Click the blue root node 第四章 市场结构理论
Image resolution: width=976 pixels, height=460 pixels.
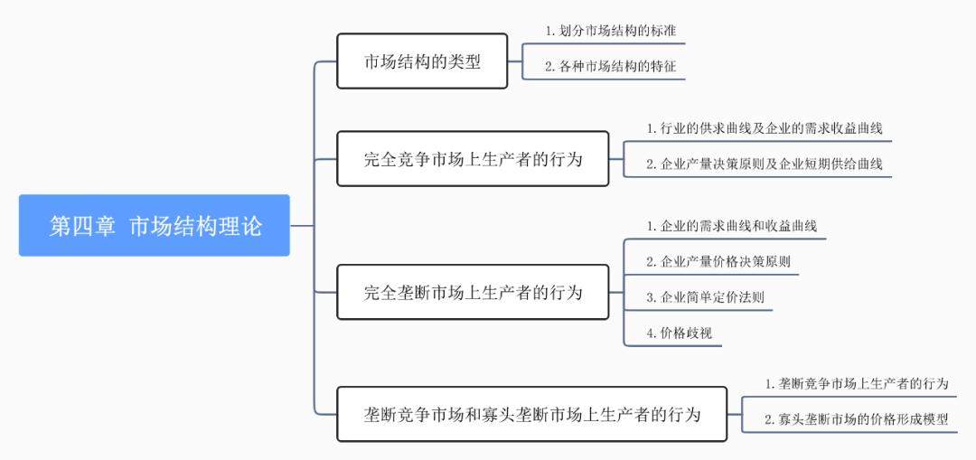(x=155, y=225)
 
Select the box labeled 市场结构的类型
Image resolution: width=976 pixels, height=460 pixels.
(x=422, y=61)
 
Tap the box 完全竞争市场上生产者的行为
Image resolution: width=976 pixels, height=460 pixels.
(x=474, y=159)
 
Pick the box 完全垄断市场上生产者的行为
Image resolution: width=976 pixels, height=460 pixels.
(x=474, y=292)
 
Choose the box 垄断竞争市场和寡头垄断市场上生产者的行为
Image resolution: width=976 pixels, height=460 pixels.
(x=532, y=415)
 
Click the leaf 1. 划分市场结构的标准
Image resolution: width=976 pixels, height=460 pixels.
(x=611, y=31)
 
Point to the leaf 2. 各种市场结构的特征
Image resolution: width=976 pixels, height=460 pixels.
(x=611, y=66)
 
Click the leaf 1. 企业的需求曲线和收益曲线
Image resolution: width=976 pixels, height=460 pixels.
(x=731, y=226)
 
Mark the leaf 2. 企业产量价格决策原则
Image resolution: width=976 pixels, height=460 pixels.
(x=719, y=262)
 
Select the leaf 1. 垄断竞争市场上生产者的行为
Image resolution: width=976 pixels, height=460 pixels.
(x=857, y=383)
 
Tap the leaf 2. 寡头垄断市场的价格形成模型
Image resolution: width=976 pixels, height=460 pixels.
(x=857, y=418)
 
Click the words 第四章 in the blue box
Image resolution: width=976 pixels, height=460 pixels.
(x=82, y=225)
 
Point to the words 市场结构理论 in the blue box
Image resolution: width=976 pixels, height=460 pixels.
(x=195, y=225)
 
